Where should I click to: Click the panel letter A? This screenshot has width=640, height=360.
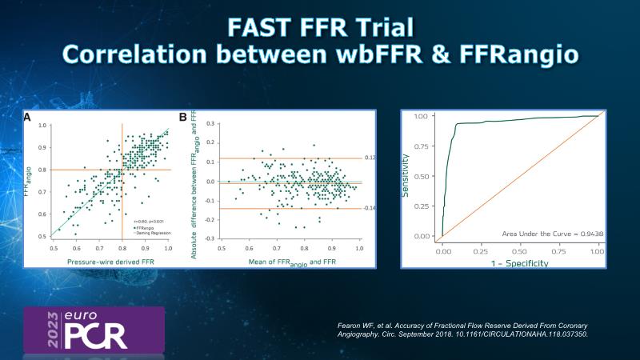pyautogui.click(x=28, y=117)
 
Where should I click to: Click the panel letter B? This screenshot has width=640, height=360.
pyautogui.click(x=183, y=117)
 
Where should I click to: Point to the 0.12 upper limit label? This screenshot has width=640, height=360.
pyautogui.click(x=369, y=158)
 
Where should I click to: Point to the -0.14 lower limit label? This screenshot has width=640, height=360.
pyautogui.click(x=369, y=208)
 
